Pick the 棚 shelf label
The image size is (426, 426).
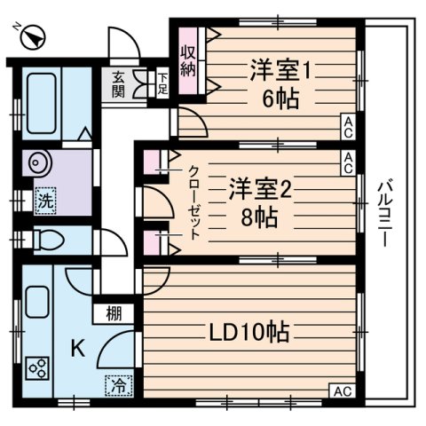[115, 312]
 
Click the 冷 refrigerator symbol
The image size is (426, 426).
[117, 385]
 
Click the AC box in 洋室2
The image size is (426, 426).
[350, 161]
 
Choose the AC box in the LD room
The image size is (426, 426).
[341, 390]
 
